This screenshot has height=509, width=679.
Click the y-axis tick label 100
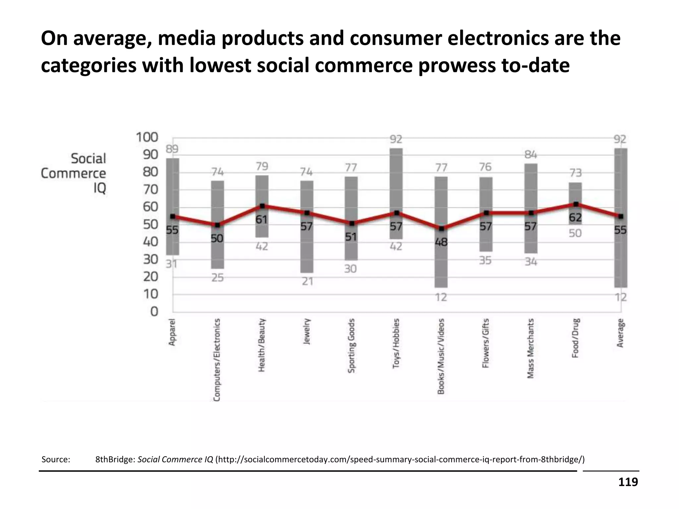coord(147,137)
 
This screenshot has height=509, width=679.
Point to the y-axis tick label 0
coord(154,312)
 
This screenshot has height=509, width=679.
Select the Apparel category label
coord(172,332)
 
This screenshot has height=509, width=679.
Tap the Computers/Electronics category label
coord(217,360)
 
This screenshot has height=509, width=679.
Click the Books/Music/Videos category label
coord(441,356)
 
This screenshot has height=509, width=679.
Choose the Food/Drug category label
coord(576,338)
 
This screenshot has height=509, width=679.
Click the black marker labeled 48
coord(441,229)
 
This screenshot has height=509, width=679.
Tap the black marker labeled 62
coord(576,204)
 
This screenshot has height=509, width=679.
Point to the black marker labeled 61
coord(262,206)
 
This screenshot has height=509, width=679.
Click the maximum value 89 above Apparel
coord(172,149)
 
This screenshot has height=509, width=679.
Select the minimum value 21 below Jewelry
coord(307,282)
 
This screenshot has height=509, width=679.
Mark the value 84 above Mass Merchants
coord(531,155)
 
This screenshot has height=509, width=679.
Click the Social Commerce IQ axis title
coord(74,173)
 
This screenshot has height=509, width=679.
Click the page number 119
coord(628,482)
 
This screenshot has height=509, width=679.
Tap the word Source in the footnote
coord(56,460)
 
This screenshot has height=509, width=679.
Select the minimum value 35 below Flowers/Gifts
coord(485,261)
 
